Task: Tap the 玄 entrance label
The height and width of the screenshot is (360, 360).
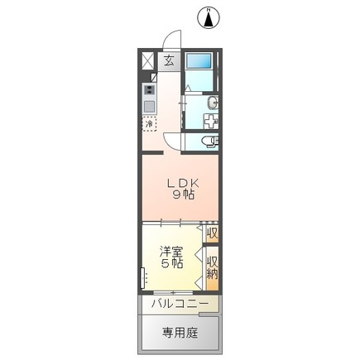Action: click(x=168, y=60)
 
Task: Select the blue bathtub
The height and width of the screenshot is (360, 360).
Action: click(x=199, y=62)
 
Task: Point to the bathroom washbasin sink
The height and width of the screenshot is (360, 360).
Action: click(x=213, y=102)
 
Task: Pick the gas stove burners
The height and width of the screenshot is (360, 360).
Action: click(x=150, y=89)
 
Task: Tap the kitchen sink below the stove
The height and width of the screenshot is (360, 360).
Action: click(x=150, y=106)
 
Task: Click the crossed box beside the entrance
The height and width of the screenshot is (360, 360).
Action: click(x=148, y=61)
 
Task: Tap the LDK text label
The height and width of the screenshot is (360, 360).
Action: click(x=183, y=183)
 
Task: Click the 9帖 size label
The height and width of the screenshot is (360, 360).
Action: click(x=183, y=196)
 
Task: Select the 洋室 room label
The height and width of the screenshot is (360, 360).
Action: click(x=170, y=251)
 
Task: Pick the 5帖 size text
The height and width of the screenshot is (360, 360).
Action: click(x=170, y=264)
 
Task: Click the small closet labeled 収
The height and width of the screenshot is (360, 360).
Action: click(x=212, y=234)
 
